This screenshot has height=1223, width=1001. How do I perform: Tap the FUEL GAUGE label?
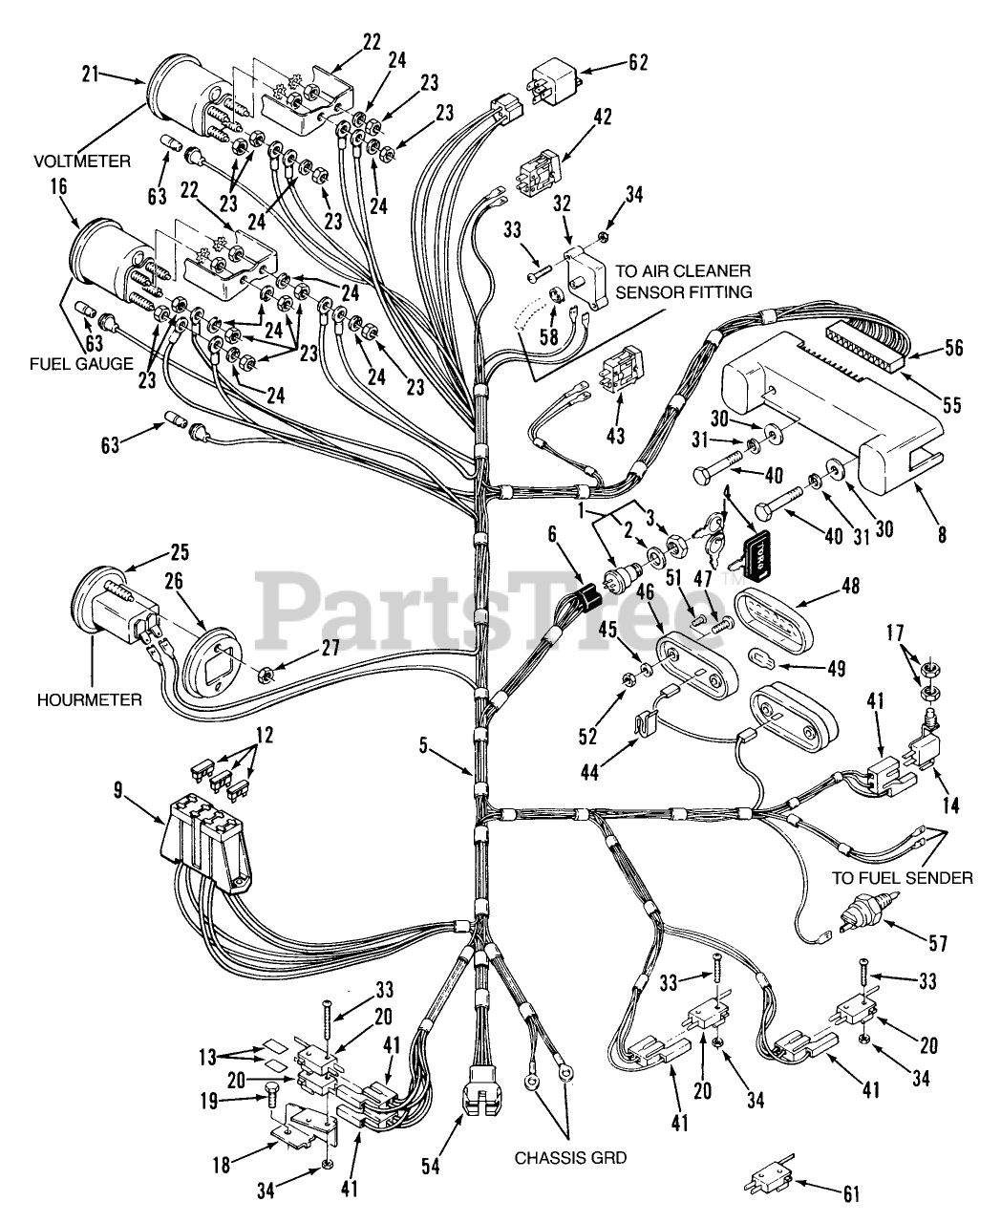[x=80, y=364]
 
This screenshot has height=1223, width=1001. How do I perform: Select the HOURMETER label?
[x=89, y=699]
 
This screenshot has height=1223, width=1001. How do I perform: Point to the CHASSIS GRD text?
[x=571, y=1158]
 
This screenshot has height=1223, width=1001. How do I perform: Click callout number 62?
[x=637, y=63]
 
